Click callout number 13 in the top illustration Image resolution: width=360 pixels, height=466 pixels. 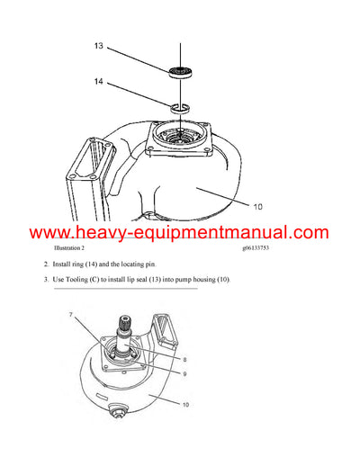point(99,44)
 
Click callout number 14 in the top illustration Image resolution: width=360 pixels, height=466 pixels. point(99,81)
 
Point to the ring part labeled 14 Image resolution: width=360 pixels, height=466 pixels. point(181,109)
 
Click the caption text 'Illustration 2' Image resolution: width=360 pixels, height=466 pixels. point(70,247)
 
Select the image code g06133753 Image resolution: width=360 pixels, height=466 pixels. point(262,247)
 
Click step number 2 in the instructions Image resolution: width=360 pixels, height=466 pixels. point(47,265)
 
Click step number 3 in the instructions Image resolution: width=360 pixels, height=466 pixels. point(47,281)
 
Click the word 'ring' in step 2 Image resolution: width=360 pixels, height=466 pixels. point(85,265)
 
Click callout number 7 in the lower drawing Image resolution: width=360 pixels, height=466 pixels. point(71,315)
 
